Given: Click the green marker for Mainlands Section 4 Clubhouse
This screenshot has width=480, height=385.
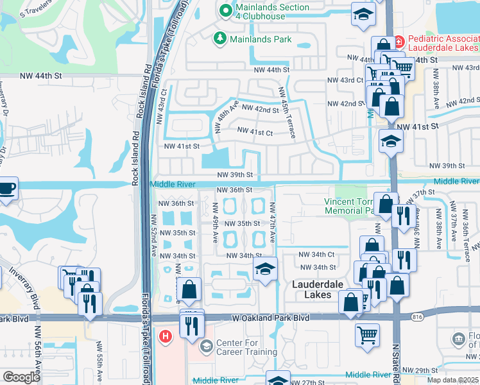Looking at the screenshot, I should coord(225,10).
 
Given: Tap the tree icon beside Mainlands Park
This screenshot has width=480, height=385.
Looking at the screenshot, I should coord(220,39).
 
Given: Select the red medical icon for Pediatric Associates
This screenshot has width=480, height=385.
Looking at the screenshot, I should coord(399,41).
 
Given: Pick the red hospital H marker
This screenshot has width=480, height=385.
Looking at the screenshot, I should coord(166,336).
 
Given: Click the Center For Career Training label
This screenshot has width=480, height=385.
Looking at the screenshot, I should coord(246,347).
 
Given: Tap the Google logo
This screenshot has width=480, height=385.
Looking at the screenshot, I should coord(21,377).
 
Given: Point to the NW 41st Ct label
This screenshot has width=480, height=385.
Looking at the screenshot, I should coord(255,132).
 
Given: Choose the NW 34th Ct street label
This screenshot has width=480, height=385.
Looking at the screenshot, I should coord(318,255).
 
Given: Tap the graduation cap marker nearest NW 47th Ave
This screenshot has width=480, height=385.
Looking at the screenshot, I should coord(264,270).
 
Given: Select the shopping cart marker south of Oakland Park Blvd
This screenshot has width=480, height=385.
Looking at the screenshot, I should coord(367,335).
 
